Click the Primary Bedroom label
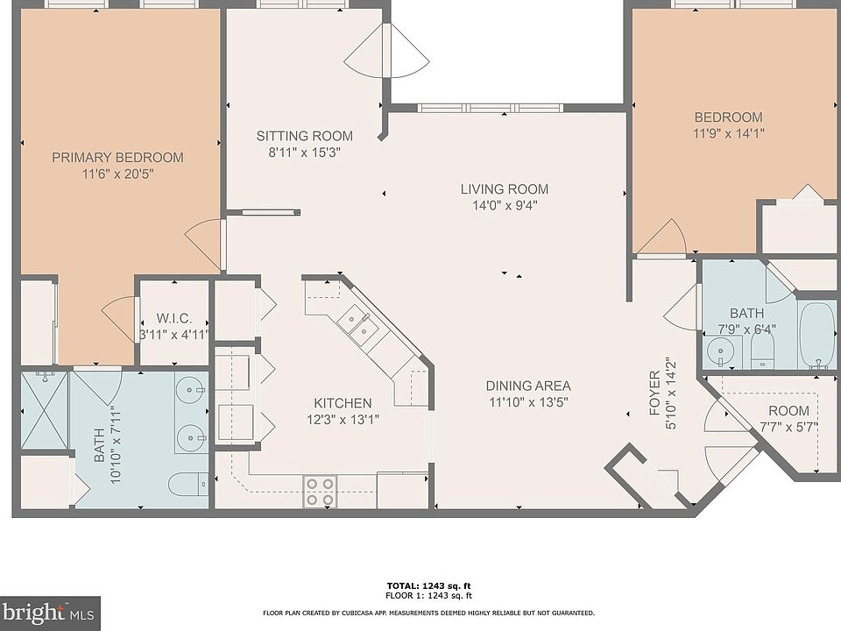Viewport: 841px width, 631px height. (x=117, y=157)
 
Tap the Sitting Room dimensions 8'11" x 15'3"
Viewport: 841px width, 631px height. (x=304, y=152)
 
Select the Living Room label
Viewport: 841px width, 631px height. (x=505, y=189)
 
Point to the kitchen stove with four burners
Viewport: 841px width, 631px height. (x=320, y=492)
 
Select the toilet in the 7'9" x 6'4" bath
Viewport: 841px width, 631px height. (x=762, y=348)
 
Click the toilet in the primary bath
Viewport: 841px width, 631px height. (x=188, y=485)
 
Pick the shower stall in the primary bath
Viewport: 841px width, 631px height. (x=45, y=409)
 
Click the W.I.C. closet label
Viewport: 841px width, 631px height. (x=173, y=318)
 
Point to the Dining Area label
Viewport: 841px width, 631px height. (x=528, y=386)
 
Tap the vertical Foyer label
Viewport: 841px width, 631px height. (x=655, y=393)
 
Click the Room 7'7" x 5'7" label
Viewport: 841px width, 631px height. (x=789, y=411)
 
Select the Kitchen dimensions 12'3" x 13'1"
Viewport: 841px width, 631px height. (x=343, y=420)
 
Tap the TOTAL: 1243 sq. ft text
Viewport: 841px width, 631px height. (x=428, y=586)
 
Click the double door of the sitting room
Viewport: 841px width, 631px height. (x=386, y=51)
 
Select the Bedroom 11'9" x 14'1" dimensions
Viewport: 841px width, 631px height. (x=728, y=133)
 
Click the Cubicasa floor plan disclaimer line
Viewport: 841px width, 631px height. (x=428, y=613)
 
